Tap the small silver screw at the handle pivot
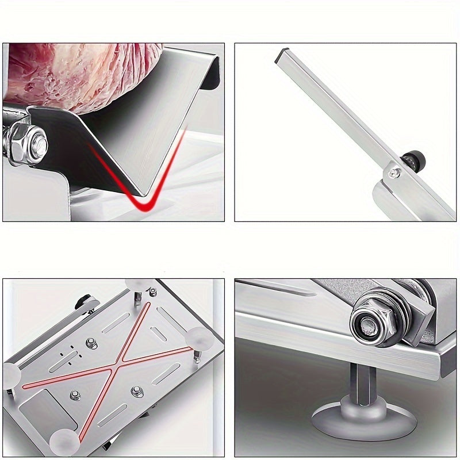[393, 171]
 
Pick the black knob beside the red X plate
[85, 301]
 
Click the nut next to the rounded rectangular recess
[75, 396]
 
